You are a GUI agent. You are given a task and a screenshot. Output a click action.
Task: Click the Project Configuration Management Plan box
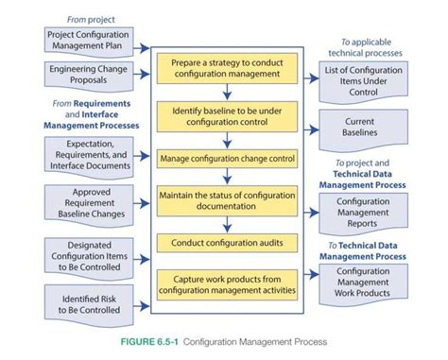88,39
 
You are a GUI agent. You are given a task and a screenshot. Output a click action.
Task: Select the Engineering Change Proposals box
88,74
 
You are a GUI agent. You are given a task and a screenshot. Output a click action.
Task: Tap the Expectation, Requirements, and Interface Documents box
88,154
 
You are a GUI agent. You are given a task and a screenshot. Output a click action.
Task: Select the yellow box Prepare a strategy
227,67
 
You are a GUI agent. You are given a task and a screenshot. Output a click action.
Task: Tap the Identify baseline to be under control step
227,116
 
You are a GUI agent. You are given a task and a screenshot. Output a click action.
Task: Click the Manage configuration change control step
227,158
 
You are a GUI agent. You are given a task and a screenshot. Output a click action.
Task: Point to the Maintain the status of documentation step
227,200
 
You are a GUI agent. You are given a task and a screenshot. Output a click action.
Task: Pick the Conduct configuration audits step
227,243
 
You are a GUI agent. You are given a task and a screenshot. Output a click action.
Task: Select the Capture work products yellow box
227,283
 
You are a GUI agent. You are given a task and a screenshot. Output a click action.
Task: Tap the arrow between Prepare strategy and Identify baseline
227,91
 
